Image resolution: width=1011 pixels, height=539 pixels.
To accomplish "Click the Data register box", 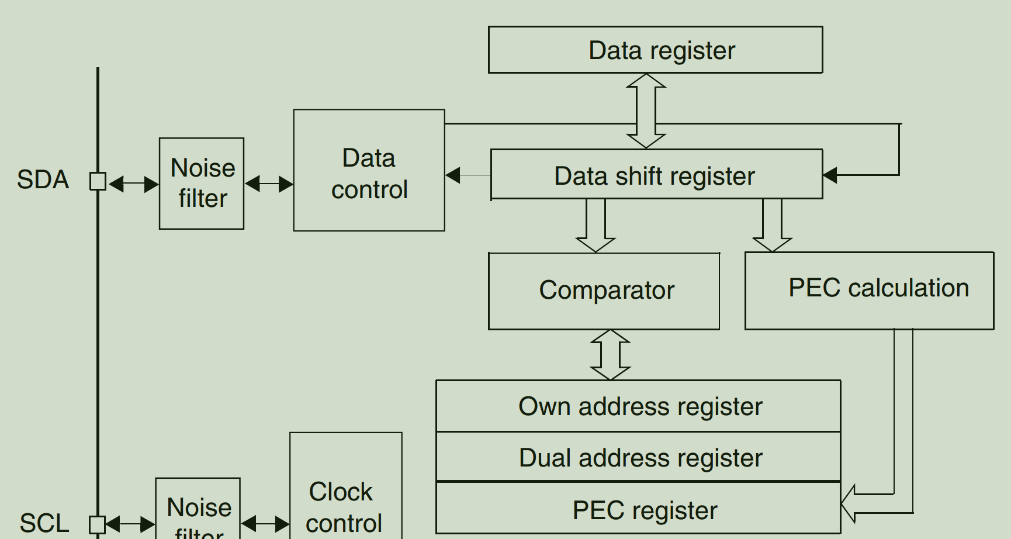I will [655, 50].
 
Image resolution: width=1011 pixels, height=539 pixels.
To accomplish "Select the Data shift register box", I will [656, 175].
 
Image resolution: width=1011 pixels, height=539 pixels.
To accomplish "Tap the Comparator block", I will [604, 291].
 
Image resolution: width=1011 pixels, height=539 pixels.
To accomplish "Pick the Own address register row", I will [638, 406].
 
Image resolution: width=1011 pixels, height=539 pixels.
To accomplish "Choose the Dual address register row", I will [638, 457].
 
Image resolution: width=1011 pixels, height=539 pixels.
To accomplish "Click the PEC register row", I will [638, 509].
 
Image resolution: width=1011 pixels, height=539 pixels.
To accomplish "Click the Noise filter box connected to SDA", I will [202, 184].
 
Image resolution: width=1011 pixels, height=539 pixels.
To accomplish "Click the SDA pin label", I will [43, 179].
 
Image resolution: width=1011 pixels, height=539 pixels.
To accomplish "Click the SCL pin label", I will [44, 523].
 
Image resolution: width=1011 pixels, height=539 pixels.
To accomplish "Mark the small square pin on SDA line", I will [98, 181].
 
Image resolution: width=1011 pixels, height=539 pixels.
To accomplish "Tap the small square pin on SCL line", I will [97, 524].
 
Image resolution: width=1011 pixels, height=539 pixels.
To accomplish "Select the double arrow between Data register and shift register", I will [646, 111].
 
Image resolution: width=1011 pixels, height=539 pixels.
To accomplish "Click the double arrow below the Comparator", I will [610, 355].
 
